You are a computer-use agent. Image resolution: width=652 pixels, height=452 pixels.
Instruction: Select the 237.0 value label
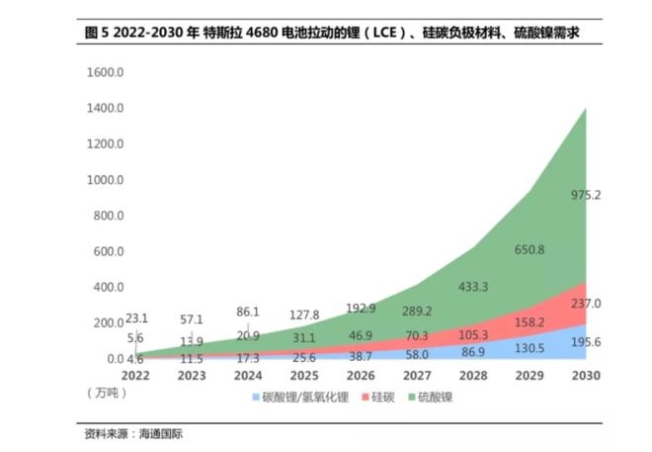click(x=587, y=304)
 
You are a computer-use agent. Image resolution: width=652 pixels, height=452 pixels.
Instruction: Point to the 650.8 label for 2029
click(x=530, y=250)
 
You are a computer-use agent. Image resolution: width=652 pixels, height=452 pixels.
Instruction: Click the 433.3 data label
click(x=474, y=287)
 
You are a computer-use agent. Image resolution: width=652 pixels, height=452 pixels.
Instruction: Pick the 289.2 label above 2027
click(x=418, y=312)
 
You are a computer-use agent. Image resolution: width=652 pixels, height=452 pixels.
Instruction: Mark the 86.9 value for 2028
click(x=474, y=351)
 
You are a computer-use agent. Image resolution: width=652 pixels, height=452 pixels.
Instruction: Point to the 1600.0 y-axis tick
click(x=104, y=73)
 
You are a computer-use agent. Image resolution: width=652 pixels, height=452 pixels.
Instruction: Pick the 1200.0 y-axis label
click(x=104, y=144)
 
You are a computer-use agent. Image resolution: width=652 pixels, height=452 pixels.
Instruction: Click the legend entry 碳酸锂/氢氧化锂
click(x=305, y=396)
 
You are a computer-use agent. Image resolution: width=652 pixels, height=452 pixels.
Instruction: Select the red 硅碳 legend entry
click(x=382, y=396)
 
